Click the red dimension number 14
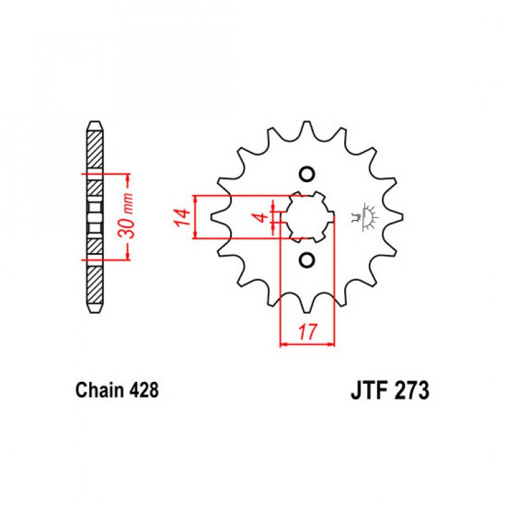[181, 217]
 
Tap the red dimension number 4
[262, 217]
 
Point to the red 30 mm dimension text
[126, 217]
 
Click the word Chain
[100, 390]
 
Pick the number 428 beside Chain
[144, 390]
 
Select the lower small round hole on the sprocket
[306, 260]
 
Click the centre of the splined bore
[306, 217]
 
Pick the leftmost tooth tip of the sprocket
[212, 217]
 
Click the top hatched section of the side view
[96, 150]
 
